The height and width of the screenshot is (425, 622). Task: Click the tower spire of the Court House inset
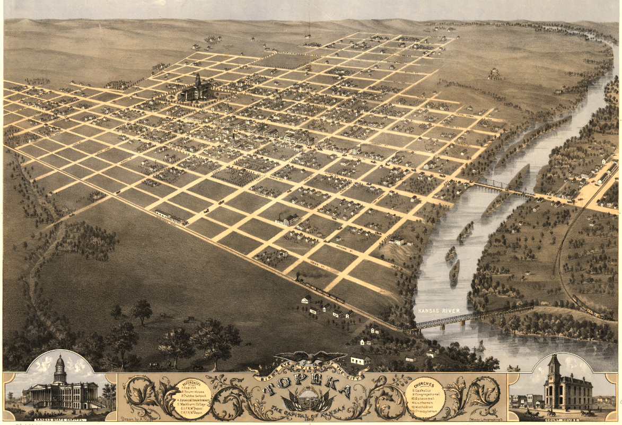tap(554, 360)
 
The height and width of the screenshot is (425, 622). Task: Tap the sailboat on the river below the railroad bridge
tap(481, 346)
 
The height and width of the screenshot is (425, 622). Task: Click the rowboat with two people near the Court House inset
tap(513, 368)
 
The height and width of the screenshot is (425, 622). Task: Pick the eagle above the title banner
tap(310, 359)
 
